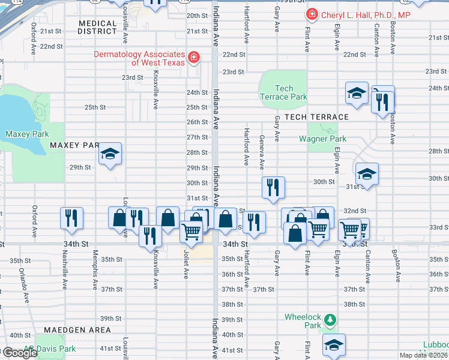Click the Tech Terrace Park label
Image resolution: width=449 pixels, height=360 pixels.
coord(283,92)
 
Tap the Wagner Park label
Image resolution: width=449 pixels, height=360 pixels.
coord(322,139)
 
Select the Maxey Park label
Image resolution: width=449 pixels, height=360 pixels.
coord(27,134)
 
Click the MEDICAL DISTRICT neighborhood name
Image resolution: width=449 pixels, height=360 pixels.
coord(97,26)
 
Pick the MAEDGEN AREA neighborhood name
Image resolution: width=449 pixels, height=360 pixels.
coord(76,330)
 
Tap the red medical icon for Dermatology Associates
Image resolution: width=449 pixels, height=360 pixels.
coord(194,58)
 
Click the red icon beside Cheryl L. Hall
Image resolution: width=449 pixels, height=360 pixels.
coord(312,14)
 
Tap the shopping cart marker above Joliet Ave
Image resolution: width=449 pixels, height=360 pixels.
coord(191,231)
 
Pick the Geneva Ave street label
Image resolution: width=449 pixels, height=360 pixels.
coord(262,152)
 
